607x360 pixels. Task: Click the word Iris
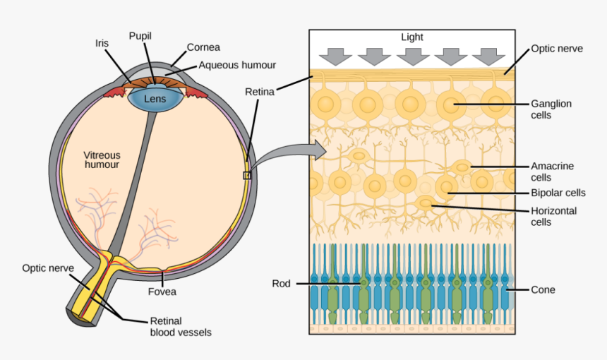pos(102,42)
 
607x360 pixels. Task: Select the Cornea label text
pos(203,47)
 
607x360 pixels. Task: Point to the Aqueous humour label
pos(237,65)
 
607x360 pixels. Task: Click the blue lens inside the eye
pos(155,99)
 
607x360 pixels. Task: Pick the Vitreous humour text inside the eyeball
pos(102,160)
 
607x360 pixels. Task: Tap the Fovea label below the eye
pos(162,291)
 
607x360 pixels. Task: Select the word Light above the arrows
pos(412,37)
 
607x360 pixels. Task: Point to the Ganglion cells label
pos(551,109)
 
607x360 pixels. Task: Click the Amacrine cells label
pos(552,172)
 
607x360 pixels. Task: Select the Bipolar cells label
pos(558,193)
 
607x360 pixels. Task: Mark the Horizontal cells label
pos(553,216)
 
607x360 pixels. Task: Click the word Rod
pos(282,284)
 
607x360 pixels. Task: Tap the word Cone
pos(543,289)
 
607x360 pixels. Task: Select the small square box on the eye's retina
pos(246,175)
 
